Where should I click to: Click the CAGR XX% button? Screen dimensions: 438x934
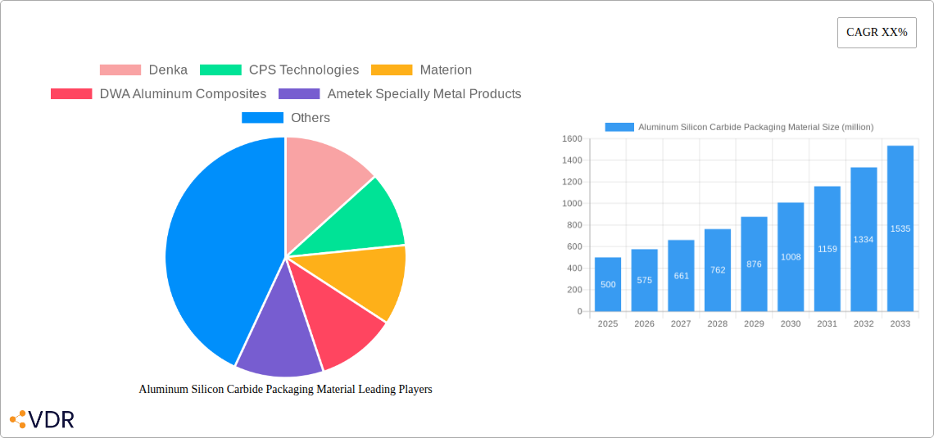876,33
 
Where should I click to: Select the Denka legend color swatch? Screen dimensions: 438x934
120,70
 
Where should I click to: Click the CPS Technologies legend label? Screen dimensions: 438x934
303,70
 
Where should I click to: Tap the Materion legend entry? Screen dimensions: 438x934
445,70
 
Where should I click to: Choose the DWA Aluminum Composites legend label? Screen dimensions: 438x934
183,94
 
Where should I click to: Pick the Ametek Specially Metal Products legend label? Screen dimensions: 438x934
424,94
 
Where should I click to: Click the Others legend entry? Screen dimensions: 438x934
310,118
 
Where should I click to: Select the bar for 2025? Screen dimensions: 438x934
608,284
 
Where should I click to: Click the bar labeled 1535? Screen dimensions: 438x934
900,228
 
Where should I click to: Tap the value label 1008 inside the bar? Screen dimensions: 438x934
791,257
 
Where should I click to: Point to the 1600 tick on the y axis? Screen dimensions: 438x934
571,139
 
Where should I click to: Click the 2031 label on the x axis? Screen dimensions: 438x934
827,324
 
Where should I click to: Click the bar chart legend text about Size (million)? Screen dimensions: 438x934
755,127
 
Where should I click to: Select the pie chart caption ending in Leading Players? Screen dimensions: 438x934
285,390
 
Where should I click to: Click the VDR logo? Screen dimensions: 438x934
42,420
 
